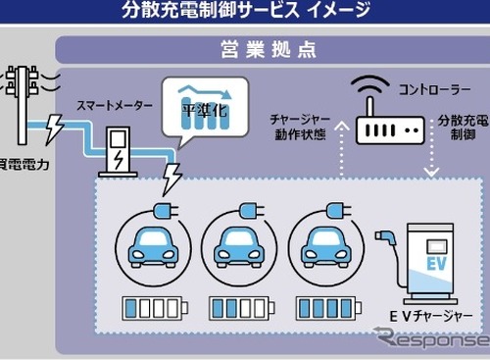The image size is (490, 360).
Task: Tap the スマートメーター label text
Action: point(115,101)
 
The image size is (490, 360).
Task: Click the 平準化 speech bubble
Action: point(204,108)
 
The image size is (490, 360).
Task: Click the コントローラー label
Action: point(431,88)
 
